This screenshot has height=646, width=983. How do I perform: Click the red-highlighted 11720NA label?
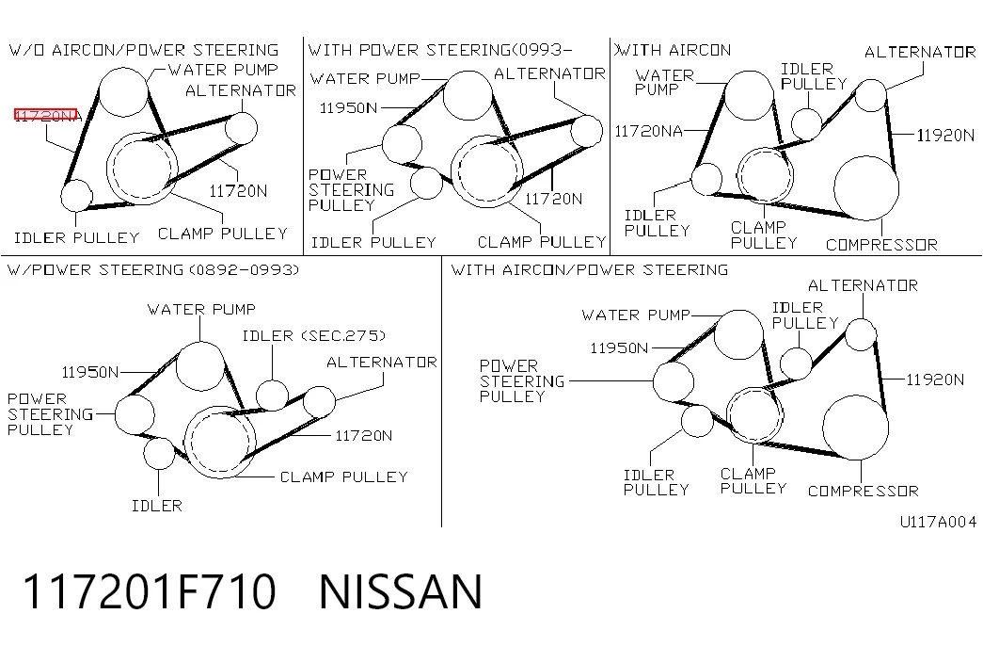[x=46, y=115]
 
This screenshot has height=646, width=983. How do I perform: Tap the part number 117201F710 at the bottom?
[x=149, y=591]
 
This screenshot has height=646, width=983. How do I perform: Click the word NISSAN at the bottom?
[x=401, y=591]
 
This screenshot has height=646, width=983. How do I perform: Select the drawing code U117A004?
[x=938, y=522]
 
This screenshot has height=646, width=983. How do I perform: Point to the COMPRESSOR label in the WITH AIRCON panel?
[x=881, y=244]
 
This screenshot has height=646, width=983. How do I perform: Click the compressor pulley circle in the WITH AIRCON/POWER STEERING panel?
[x=855, y=428]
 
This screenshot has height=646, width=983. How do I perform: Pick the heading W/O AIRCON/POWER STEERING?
[x=144, y=50]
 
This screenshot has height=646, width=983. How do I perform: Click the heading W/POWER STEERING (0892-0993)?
[x=153, y=270]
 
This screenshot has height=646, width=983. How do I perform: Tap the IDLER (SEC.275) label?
[x=313, y=336]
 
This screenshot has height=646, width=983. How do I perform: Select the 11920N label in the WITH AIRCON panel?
[x=945, y=135]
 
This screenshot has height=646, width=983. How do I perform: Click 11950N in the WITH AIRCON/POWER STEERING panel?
[x=619, y=347]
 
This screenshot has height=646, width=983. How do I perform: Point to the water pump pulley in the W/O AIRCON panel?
[x=123, y=92]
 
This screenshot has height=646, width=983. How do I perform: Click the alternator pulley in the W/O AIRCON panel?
[x=241, y=128]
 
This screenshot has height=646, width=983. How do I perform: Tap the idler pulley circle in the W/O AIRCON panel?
[x=76, y=195]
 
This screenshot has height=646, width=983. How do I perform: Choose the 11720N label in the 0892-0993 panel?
[x=364, y=436]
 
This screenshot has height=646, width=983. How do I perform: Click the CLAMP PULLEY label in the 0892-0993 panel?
[x=343, y=477]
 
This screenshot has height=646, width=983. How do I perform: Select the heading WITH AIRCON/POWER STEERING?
[x=589, y=270]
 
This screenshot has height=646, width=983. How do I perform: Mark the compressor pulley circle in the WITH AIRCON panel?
[x=866, y=187]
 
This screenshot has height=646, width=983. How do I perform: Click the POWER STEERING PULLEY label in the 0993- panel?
[x=351, y=189]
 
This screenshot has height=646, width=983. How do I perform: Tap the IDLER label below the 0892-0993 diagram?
[x=157, y=506]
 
